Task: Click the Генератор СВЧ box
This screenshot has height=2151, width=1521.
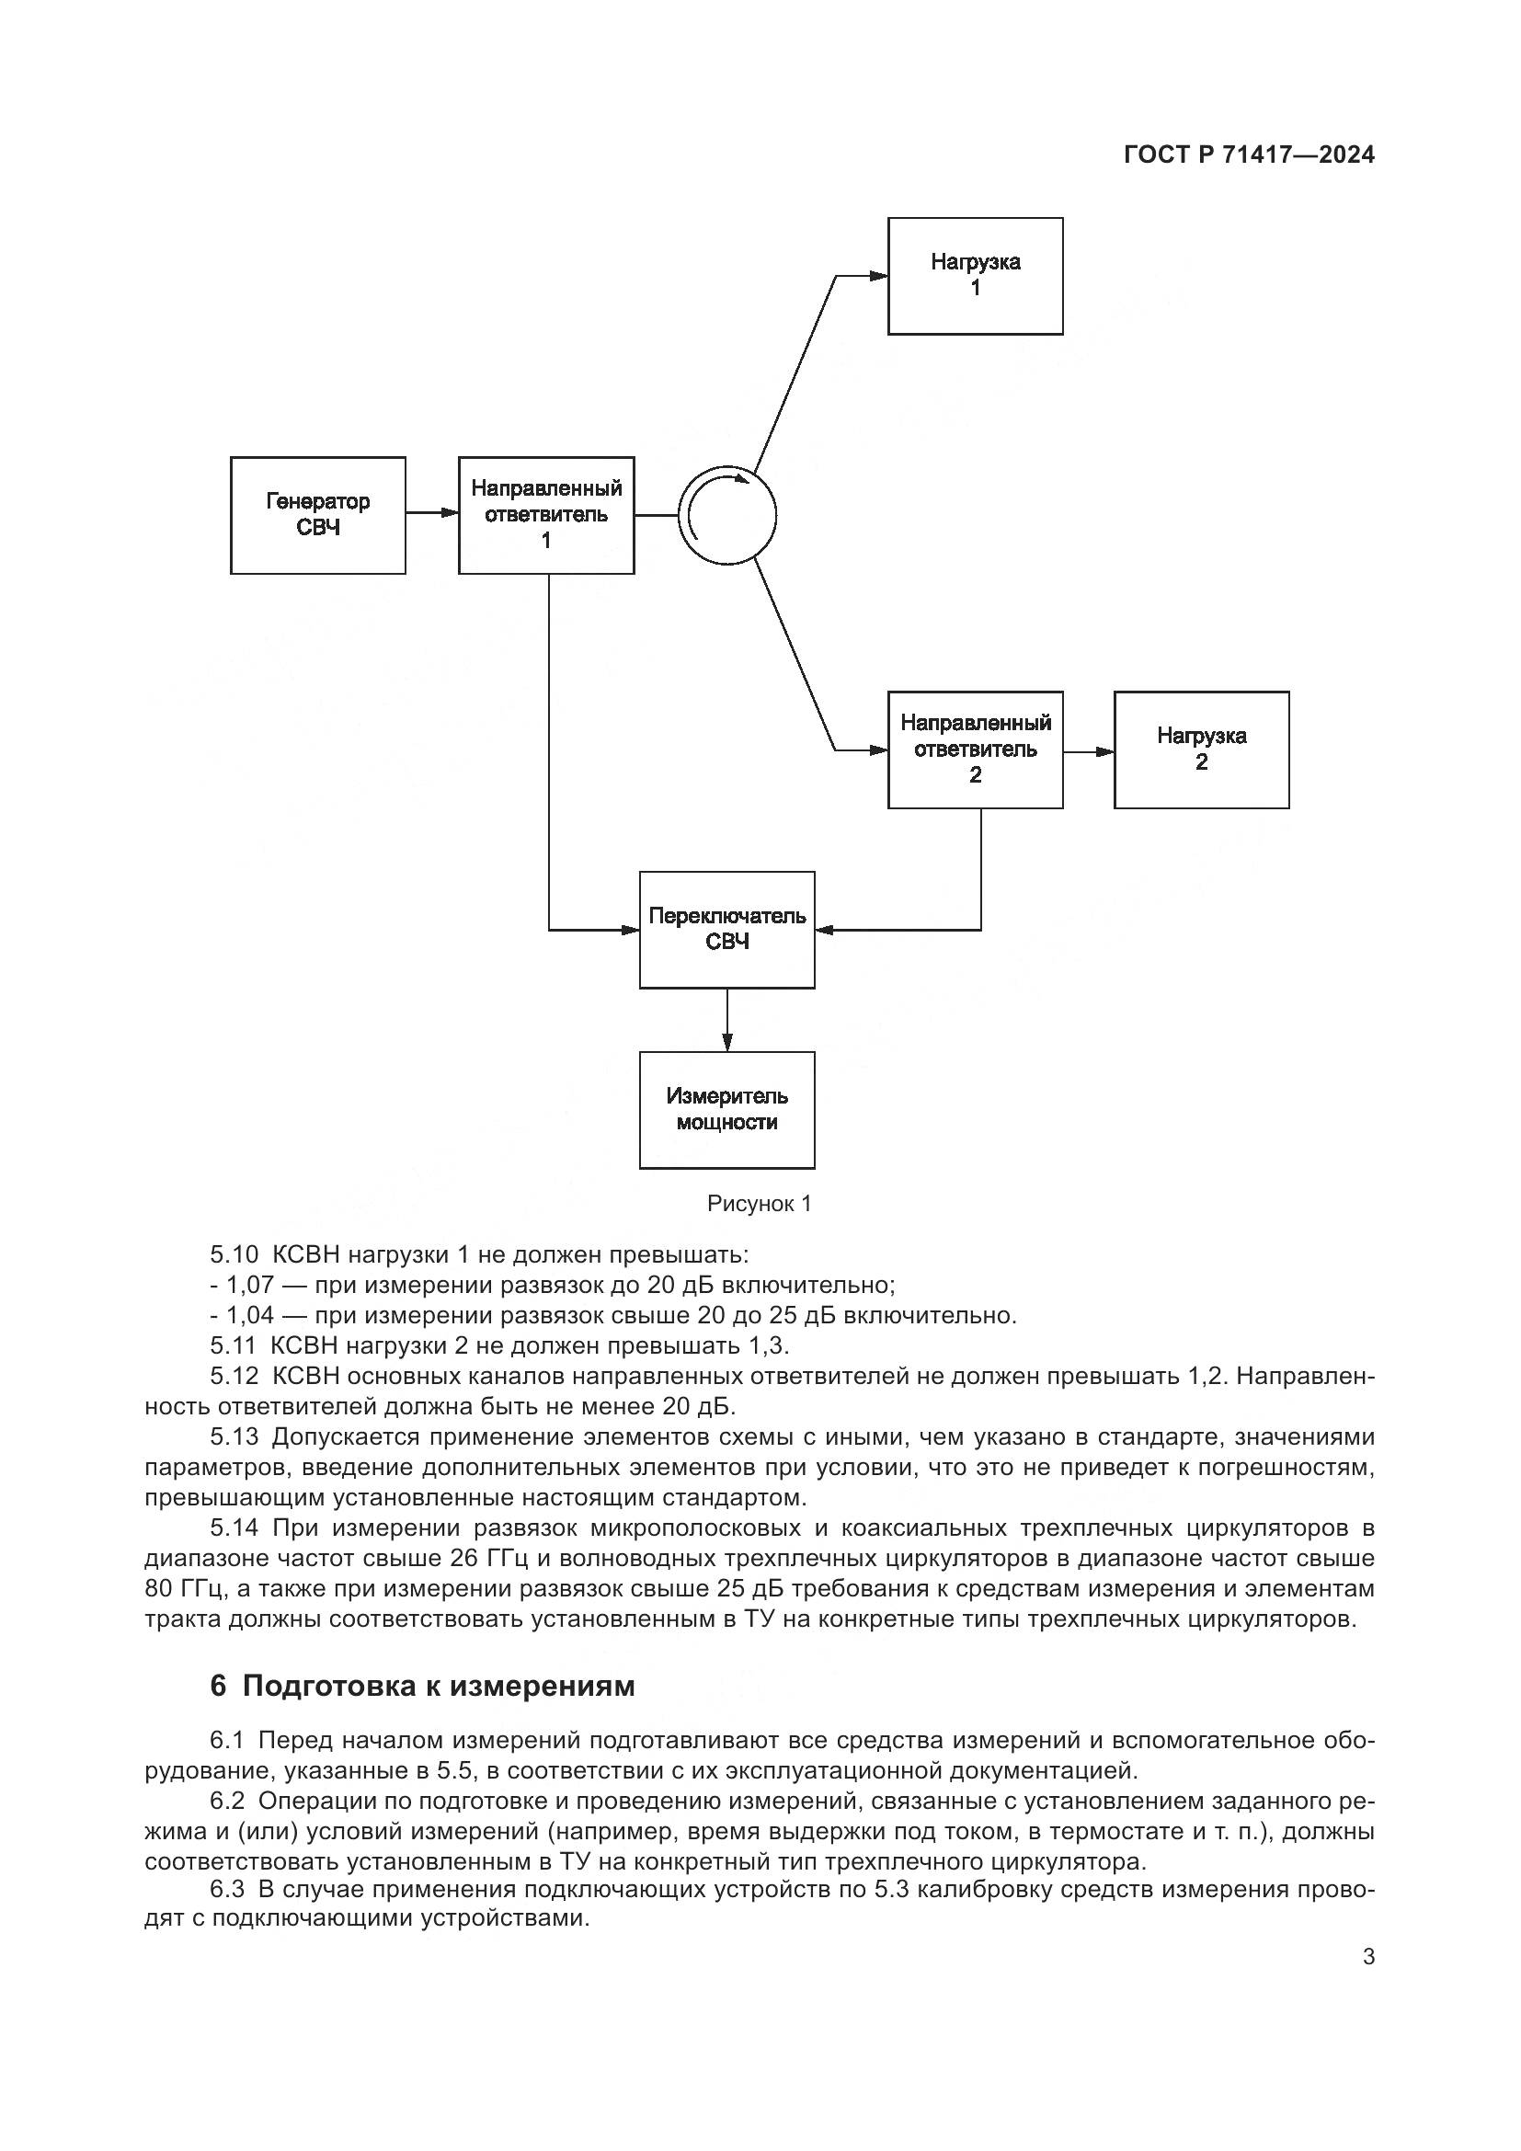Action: click(x=317, y=515)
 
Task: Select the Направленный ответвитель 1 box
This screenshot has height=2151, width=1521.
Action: click(x=546, y=515)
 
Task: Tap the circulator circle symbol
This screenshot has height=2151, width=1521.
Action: click(x=727, y=515)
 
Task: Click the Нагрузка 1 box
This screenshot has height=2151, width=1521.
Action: click(x=975, y=276)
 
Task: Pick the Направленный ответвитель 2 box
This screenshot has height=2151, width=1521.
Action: click(x=975, y=749)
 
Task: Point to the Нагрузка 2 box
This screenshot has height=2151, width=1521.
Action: click(x=1201, y=749)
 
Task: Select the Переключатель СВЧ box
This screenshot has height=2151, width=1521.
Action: click(x=726, y=930)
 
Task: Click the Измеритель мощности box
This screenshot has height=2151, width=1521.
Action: click(x=726, y=1109)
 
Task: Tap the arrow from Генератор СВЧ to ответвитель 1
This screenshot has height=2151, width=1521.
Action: click(x=432, y=512)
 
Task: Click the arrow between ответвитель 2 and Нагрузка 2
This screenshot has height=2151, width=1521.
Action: click(x=1088, y=751)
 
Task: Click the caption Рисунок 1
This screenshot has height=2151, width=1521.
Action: click(x=759, y=1204)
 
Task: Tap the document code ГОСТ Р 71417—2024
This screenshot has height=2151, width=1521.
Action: click(x=1249, y=155)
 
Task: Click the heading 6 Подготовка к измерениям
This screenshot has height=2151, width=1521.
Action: click(x=422, y=1686)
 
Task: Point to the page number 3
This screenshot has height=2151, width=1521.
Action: click(x=1368, y=1956)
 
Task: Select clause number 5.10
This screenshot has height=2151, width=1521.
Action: click(x=233, y=1254)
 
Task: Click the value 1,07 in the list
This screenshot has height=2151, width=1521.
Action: click(x=249, y=1285)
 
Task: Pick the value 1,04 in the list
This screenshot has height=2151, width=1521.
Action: click(x=249, y=1315)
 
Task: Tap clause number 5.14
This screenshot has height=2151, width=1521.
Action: click(x=234, y=1528)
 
